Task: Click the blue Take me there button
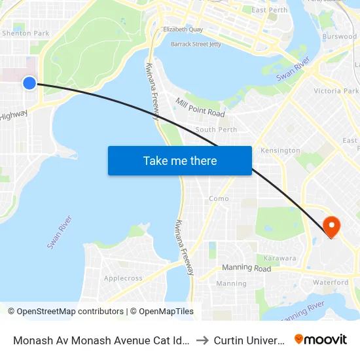tap(180, 161)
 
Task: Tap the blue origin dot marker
tap(29, 82)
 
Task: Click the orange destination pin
tap(332, 226)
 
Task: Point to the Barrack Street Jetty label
tap(196, 44)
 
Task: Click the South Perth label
tap(216, 130)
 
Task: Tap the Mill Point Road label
tap(200, 109)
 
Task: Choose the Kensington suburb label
tap(280, 151)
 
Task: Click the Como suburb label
tap(219, 198)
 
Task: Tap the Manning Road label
tap(246, 268)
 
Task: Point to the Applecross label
tap(123, 278)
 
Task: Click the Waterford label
tap(331, 282)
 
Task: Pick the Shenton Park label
tap(26, 33)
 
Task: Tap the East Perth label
tap(269, 10)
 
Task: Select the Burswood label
tap(339, 37)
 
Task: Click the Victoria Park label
tap(336, 91)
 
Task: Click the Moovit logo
tap(321, 339)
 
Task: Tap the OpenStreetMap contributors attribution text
tap(69, 312)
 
